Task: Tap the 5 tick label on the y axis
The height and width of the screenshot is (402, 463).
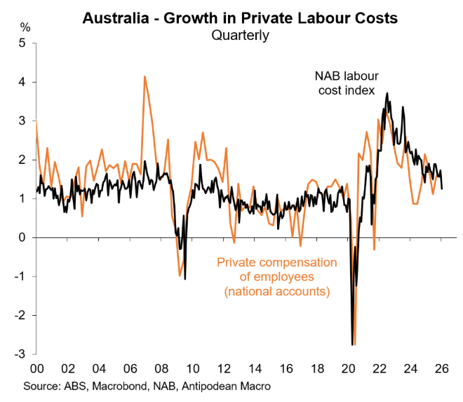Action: [25, 43]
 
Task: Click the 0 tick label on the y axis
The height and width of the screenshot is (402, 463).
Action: [25, 237]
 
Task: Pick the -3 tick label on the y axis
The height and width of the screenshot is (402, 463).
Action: [22, 354]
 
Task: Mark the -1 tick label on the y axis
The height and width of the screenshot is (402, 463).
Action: [22, 276]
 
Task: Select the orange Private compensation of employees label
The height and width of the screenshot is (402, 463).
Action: [277, 276]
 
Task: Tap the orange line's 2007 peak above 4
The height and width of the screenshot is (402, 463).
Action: [145, 76]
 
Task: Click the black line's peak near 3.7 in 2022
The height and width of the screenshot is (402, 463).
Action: [387, 93]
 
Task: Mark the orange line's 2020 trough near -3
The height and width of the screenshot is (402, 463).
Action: [355, 345]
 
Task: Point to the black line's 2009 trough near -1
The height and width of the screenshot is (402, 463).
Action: [185, 279]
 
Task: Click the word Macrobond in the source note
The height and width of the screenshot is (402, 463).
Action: [122, 386]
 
